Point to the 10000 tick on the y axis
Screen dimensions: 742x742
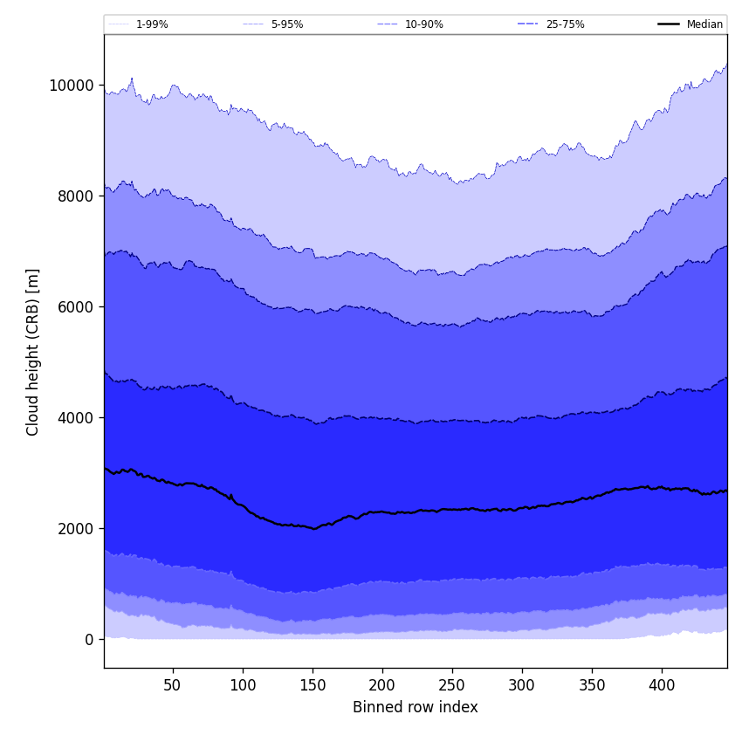tap(72, 86)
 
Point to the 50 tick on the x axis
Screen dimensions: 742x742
tap(173, 685)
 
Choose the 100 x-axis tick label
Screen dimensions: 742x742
tap(243, 685)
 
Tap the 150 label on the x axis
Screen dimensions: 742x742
tap(313, 685)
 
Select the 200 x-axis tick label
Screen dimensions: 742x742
tap(382, 685)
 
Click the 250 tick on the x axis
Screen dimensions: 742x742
tap(452, 685)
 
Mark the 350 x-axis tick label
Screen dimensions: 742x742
tap(592, 685)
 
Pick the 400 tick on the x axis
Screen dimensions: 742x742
tap(662, 685)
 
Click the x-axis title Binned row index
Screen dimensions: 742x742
tap(416, 708)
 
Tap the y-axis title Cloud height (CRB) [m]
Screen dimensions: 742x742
tap(33, 352)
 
